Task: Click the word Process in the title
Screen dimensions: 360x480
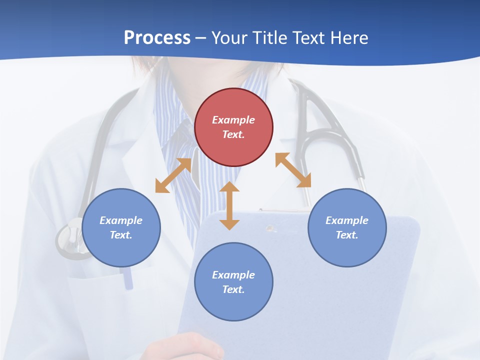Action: point(157,38)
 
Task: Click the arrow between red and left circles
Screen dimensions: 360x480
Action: point(173,175)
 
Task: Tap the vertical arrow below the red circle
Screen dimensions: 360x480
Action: point(229,205)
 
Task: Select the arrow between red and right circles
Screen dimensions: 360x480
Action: point(293,170)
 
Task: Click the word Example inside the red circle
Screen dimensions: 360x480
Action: point(233,120)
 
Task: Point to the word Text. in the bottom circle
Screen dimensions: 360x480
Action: point(233,289)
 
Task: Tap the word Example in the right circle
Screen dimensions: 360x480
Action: point(347,220)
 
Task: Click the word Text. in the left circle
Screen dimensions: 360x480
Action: point(121,235)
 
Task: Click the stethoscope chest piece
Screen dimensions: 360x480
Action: point(70,238)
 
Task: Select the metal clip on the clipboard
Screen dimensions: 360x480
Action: point(271,228)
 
